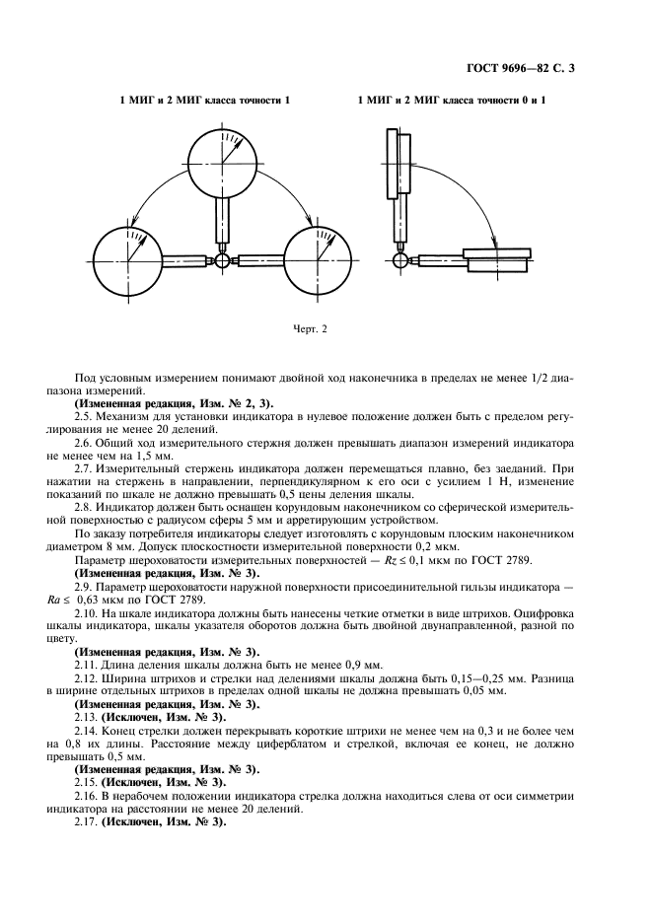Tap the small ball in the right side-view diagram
pos(400,260)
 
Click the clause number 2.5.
pos(85,416)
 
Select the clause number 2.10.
pos(88,613)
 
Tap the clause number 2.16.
pos(88,794)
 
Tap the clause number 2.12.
pos(88,678)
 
